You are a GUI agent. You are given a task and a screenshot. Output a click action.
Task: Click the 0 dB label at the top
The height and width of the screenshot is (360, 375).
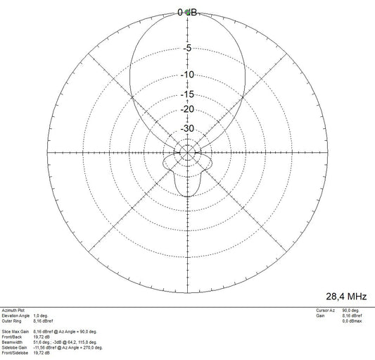pyautogui.click(x=187, y=12)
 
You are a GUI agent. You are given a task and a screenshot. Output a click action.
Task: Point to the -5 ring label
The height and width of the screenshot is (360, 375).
pyautogui.click(x=187, y=48)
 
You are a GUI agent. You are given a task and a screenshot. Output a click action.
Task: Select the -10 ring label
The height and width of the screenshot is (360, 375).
pyautogui.click(x=187, y=75)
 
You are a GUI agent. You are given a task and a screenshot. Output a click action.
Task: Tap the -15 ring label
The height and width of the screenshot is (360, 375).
pyautogui.click(x=187, y=94)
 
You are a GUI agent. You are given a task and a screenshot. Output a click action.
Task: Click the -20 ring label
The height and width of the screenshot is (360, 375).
pyautogui.click(x=187, y=109)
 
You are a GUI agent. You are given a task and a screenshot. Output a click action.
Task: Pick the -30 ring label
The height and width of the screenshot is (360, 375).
pyautogui.click(x=187, y=129)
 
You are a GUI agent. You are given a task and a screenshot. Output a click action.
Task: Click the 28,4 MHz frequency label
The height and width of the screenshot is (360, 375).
pyautogui.click(x=346, y=297)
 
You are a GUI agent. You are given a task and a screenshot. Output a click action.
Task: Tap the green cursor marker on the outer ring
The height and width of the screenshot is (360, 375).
pyautogui.click(x=188, y=13)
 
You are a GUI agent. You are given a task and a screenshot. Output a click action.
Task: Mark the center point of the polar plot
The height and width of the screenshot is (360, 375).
pyautogui.click(x=187, y=152)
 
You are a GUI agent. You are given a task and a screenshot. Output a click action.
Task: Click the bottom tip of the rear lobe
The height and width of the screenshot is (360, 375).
pyautogui.click(x=187, y=197)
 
